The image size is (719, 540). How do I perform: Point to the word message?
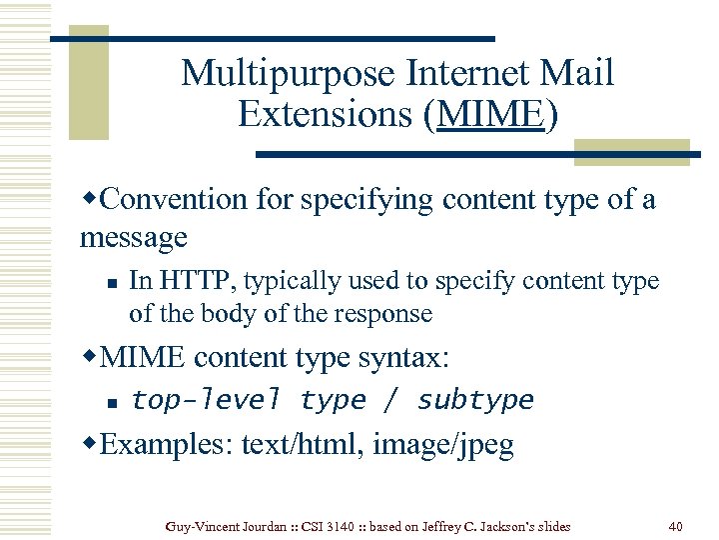(x=134, y=238)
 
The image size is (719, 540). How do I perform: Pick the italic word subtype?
(x=475, y=400)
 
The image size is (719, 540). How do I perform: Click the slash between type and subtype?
(x=391, y=400)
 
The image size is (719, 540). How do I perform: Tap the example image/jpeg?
(x=443, y=444)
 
